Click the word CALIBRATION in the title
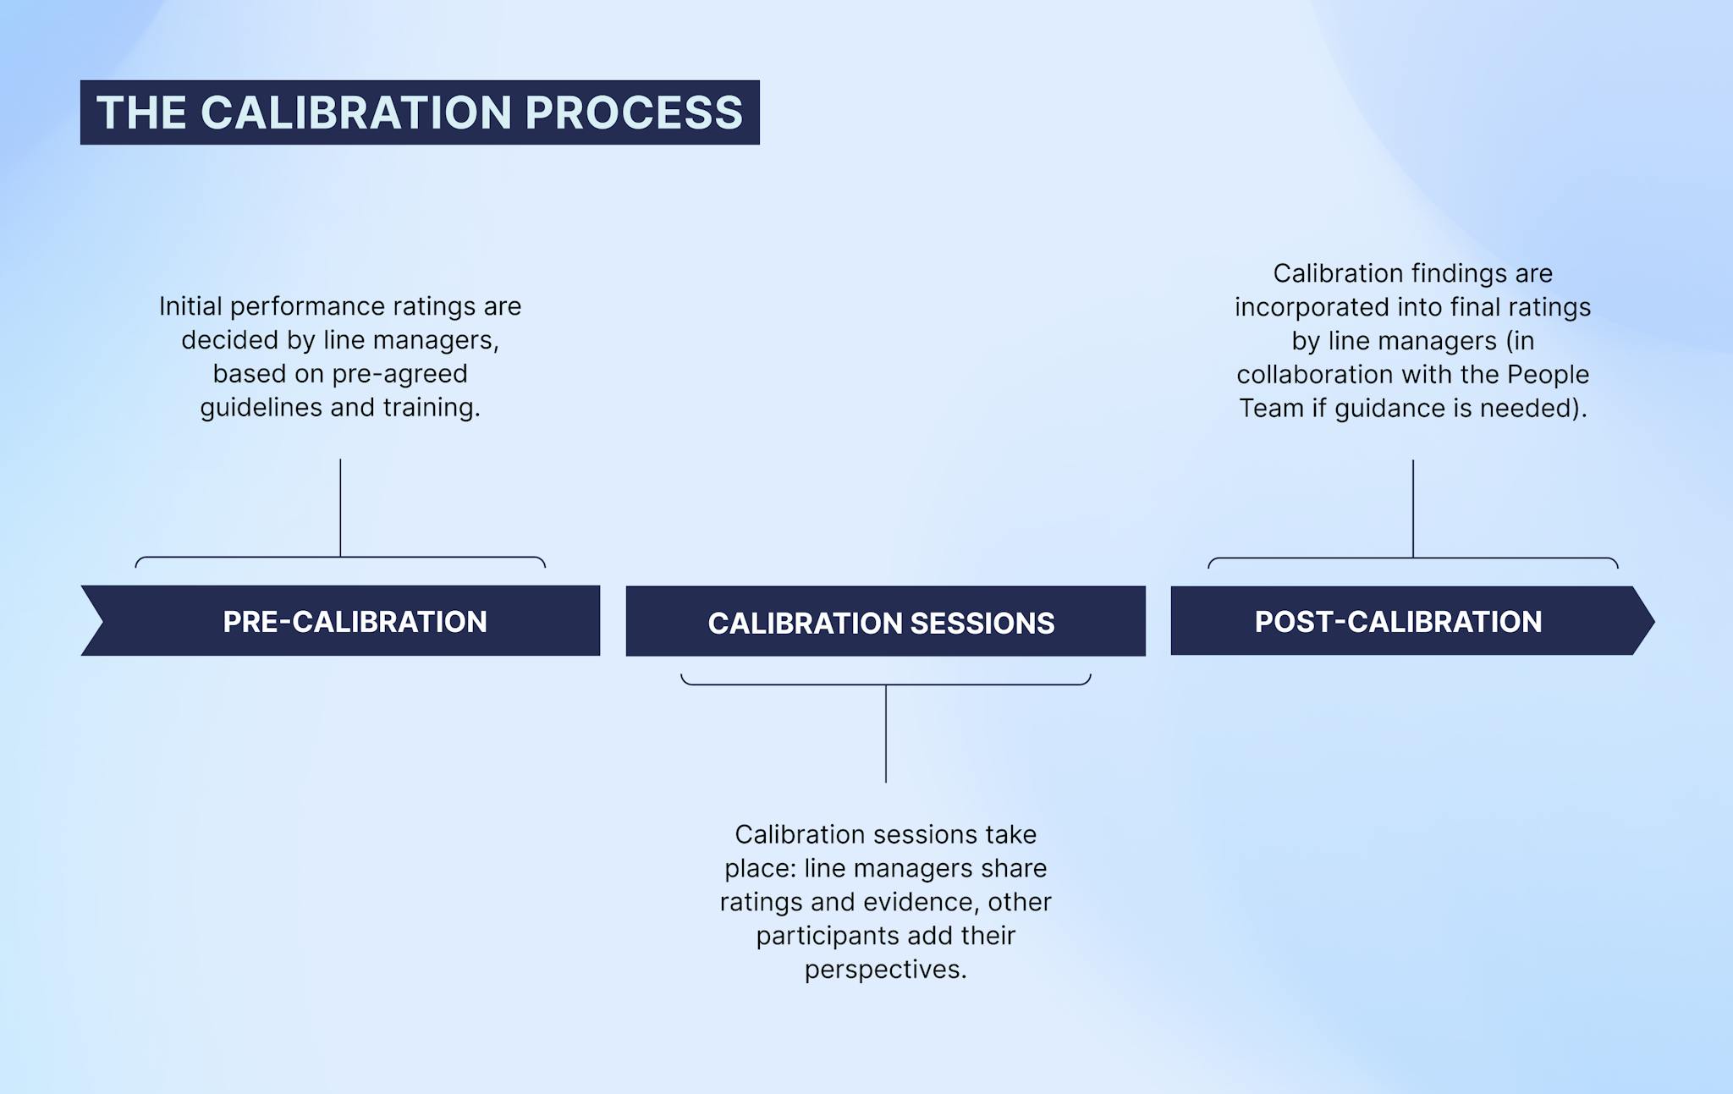[356, 113]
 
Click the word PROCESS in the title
[634, 113]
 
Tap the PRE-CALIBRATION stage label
[355, 622]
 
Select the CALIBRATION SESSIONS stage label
[881, 624]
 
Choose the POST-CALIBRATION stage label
[1398, 622]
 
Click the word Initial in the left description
[190, 306]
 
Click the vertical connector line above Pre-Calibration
[340, 508]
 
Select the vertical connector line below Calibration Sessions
[886, 734]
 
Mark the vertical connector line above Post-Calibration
[1413, 508]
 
